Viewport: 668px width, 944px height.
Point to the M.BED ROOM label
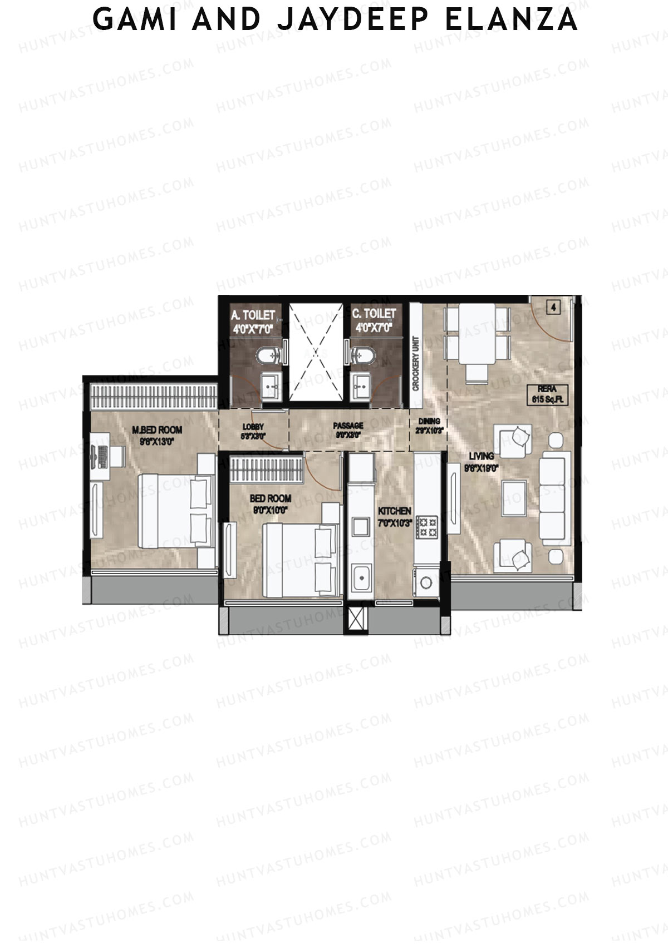click(x=157, y=434)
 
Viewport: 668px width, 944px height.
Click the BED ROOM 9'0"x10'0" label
click(x=271, y=503)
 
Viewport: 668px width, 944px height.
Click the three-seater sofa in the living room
click(x=554, y=498)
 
